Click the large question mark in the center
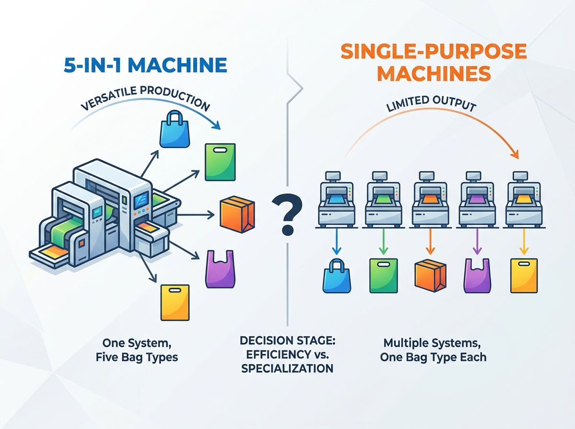pos(287,214)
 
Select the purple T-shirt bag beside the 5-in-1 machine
pos(219,269)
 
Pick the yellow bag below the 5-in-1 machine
pos(175,302)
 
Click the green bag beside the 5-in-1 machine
pos(220,162)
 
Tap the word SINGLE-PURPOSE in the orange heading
pos(434,51)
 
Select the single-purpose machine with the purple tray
pos(477,200)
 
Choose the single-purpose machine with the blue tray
pos(336,200)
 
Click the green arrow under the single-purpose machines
pos(383,241)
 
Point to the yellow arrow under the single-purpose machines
pos(524,241)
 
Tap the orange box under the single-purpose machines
pos(430,275)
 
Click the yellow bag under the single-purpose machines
pos(524,275)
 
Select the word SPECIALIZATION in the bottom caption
pos(287,368)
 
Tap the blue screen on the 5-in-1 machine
pos(141,200)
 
